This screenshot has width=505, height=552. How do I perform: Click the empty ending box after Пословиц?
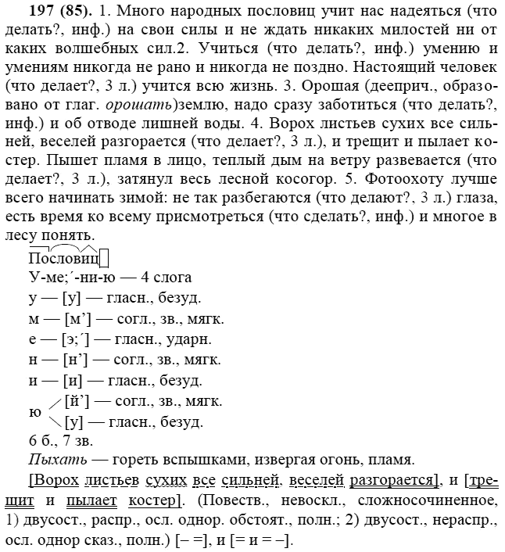coord(104,258)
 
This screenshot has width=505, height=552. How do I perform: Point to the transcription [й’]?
coord(79,401)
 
